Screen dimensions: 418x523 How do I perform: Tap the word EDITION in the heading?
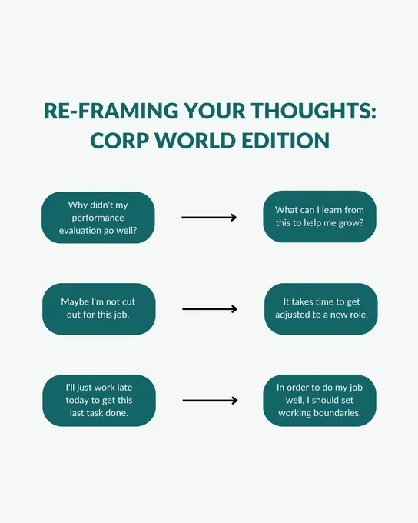286,141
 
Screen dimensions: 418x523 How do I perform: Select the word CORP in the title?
119,141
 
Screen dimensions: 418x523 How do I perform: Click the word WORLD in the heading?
195,141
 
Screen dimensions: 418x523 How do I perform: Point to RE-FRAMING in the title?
111,111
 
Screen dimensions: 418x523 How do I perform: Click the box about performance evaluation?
98,218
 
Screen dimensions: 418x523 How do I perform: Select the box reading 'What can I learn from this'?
320,216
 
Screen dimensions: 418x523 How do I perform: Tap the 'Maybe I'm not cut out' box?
98,309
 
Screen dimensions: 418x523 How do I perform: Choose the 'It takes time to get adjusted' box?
321,309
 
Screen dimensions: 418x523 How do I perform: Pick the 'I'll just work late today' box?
99,400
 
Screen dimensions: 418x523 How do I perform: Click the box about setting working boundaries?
320,400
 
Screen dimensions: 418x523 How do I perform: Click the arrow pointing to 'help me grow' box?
209,218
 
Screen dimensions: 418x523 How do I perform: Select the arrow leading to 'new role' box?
210,309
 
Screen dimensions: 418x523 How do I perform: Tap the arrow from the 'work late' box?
210,400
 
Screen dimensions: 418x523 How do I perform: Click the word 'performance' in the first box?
98,218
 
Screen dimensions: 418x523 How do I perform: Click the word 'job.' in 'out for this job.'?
121,315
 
